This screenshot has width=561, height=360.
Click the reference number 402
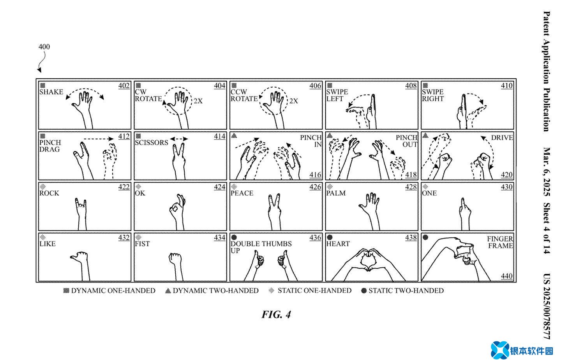click(124, 86)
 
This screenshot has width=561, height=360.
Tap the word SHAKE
click(51, 92)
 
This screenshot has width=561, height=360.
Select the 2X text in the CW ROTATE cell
click(198, 101)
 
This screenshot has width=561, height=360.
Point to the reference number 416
click(315, 175)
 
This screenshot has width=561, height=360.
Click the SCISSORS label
click(152, 143)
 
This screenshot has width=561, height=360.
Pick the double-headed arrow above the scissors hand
click(179, 139)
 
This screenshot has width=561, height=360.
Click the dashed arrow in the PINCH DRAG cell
click(99, 139)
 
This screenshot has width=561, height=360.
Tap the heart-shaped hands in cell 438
click(367, 260)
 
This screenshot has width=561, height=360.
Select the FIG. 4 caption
click(276, 314)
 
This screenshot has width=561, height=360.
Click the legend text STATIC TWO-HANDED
click(406, 291)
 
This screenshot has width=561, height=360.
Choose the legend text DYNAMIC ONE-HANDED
click(113, 291)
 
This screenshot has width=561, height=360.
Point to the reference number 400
click(44, 47)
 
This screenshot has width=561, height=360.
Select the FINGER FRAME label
click(500, 242)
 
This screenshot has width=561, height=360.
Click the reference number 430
click(506, 187)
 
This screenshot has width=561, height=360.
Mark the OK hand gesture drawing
click(177, 208)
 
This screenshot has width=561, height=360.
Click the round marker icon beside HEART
click(330, 237)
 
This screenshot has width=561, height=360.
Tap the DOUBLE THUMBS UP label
click(261, 247)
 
